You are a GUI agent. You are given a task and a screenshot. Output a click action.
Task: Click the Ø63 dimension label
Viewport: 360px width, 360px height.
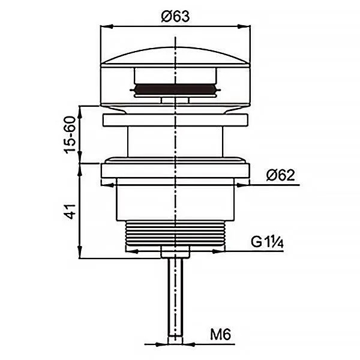[175, 16]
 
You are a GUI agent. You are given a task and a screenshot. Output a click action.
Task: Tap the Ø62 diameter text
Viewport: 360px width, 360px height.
[280, 175]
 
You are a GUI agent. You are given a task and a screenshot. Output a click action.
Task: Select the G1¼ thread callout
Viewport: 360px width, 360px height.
[267, 242]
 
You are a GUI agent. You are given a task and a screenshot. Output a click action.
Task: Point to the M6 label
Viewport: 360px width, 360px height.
[220, 335]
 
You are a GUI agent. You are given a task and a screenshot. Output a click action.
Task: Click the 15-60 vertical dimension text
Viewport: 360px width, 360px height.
[70, 135]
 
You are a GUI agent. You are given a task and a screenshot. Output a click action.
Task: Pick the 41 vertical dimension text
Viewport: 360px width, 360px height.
[70, 211]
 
